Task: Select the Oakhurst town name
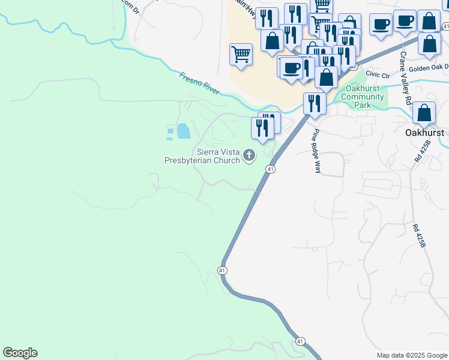point(424,132)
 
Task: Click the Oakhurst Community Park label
point(362,97)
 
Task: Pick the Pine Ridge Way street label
point(316,151)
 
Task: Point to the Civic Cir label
point(378,74)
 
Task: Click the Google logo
point(20,353)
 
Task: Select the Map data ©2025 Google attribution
point(412,355)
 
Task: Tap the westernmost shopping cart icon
point(241,54)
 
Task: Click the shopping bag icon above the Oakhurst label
point(424,112)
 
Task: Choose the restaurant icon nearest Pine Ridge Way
point(314,103)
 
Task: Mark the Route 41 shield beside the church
point(271,170)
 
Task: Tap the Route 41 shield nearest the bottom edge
point(300,341)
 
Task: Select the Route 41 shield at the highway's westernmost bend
point(222,271)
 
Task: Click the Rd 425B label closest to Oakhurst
point(427,152)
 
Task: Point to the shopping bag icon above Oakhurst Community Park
point(327,77)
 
